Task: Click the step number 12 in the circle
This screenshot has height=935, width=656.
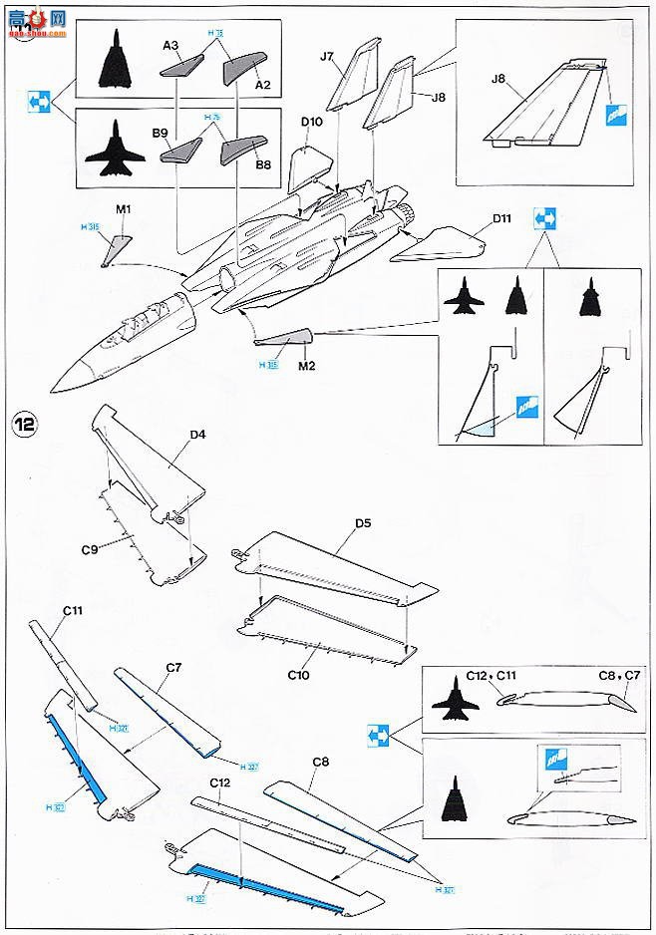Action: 25,423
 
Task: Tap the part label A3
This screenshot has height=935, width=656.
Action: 170,45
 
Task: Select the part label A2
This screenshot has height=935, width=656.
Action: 262,86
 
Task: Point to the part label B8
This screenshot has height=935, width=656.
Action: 263,165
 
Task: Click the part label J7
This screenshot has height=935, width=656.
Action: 327,57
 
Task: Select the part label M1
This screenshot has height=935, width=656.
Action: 124,211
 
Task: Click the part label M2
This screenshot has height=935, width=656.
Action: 306,365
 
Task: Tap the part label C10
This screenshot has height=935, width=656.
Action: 299,675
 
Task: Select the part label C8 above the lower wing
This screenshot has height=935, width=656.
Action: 320,762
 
